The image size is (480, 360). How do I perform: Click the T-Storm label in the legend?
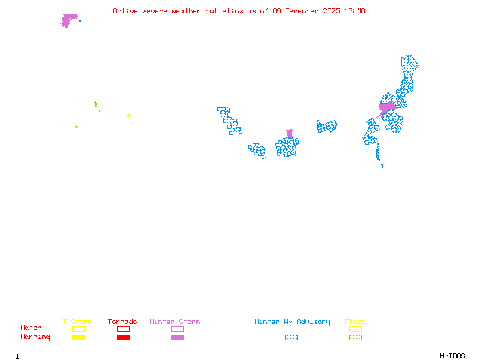pyautogui.click(x=77, y=322)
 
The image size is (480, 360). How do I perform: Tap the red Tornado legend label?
pyautogui.click(x=122, y=322)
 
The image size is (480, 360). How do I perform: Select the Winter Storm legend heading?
pyautogui.click(x=175, y=322)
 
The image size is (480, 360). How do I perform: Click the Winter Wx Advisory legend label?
pyautogui.click(x=292, y=322)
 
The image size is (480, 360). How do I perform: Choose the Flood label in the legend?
pyautogui.click(x=355, y=322)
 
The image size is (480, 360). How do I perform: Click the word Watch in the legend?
pyautogui.click(x=31, y=328)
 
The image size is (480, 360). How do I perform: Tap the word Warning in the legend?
pyautogui.click(x=35, y=337)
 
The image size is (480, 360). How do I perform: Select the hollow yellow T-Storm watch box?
pyautogui.click(x=78, y=329)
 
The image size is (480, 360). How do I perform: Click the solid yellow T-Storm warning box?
pyautogui.click(x=78, y=337)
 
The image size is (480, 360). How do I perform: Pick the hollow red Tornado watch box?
pyautogui.click(x=123, y=329)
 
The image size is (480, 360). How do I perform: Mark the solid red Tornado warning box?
pyautogui.click(x=123, y=337)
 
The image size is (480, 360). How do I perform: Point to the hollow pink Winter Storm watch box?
pyautogui.click(x=177, y=329)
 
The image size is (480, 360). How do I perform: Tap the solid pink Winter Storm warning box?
pyautogui.click(x=177, y=337)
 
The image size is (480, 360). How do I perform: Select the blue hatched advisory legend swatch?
pyautogui.click(x=291, y=337)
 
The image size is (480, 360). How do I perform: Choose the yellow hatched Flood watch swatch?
pyautogui.click(x=355, y=329)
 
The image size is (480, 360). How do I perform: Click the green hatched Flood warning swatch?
pyautogui.click(x=355, y=337)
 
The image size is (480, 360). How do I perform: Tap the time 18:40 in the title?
pyautogui.click(x=355, y=11)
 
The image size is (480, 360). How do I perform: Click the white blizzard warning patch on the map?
pyautogui.click(x=382, y=159)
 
